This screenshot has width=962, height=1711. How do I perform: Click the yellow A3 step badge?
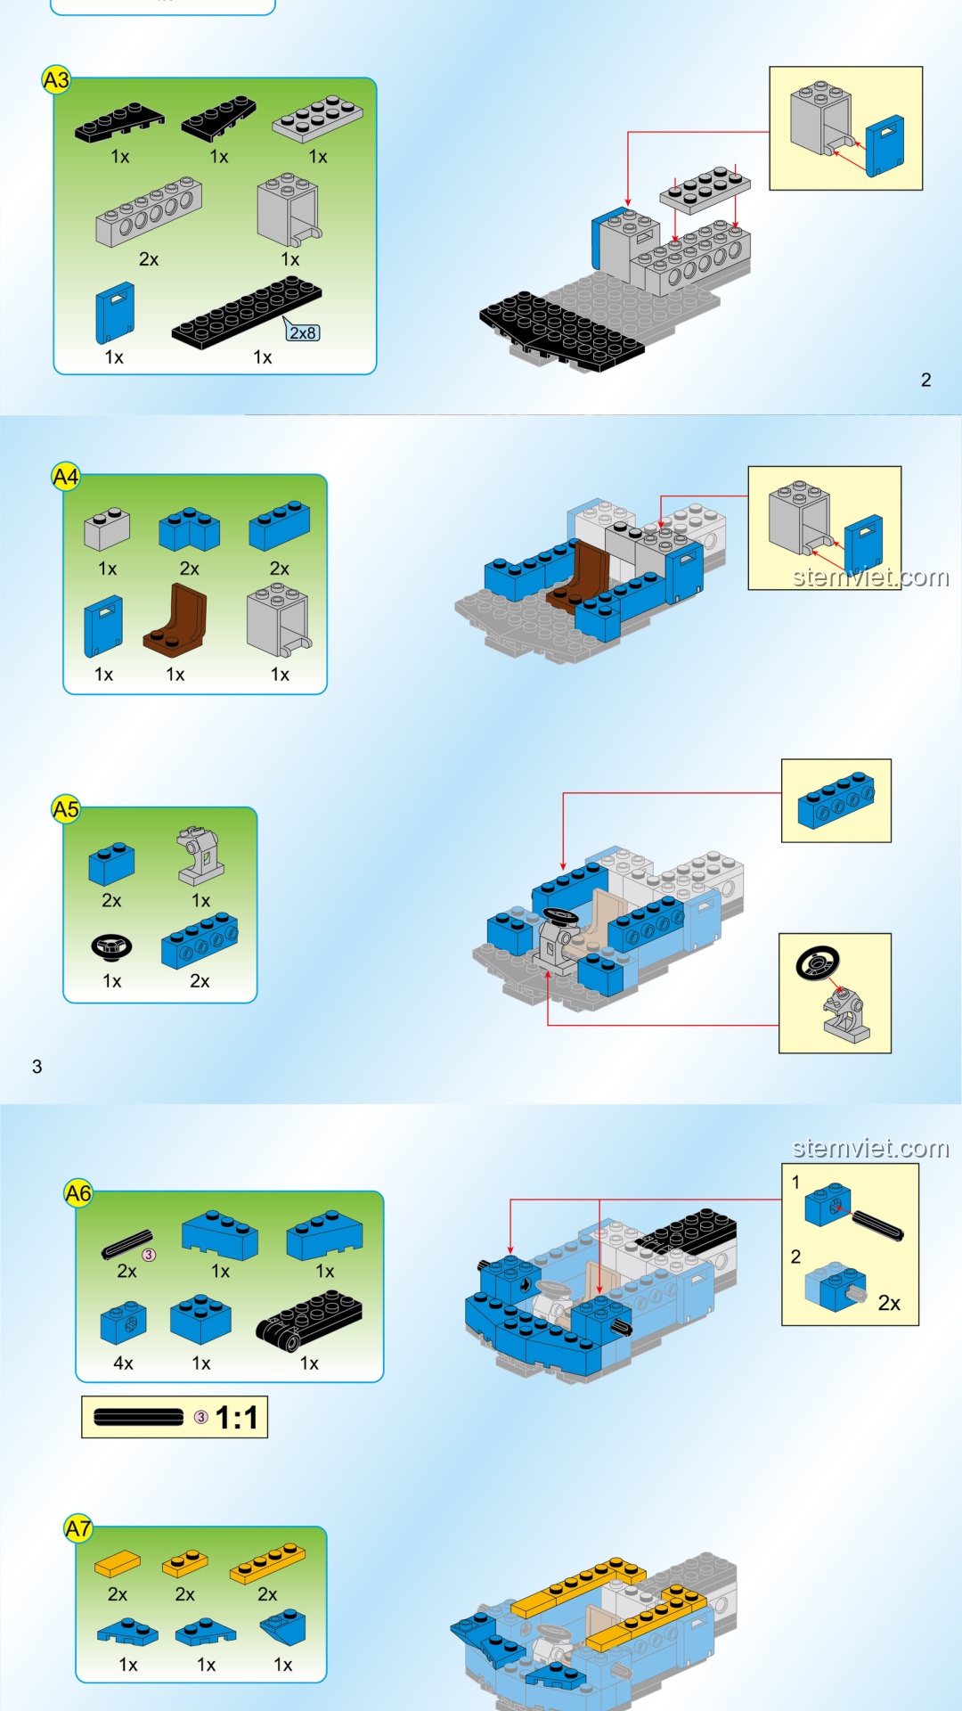coord(56,80)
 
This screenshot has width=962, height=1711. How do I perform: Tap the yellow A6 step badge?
coord(78,1193)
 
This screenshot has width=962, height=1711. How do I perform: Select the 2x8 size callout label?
coord(303,332)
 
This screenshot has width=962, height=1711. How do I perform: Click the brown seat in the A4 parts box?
coord(175,620)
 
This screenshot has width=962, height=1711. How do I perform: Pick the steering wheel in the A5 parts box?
coord(111,948)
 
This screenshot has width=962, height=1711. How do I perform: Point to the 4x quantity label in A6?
coord(123,1363)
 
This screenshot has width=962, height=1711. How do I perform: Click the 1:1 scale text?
coord(237,1418)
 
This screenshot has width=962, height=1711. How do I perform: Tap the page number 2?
coord(926,380)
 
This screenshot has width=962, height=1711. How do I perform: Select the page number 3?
coord(37,1067)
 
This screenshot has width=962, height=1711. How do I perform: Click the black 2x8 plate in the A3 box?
coord(247,312)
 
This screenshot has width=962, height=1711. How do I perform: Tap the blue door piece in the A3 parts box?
coord(115,313)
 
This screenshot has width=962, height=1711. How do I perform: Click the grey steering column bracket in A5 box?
coord(200,855)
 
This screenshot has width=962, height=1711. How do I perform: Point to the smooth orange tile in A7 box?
coord(118,1564)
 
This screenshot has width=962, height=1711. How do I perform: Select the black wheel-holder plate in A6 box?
coord(309,1321)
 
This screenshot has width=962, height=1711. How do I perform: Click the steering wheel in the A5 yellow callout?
coord(818,962)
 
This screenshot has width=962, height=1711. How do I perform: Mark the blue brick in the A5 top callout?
coord(836,800)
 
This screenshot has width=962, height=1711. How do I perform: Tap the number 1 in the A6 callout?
coord(795,1183)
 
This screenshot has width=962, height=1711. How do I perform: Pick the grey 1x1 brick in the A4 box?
coord(107,528)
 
